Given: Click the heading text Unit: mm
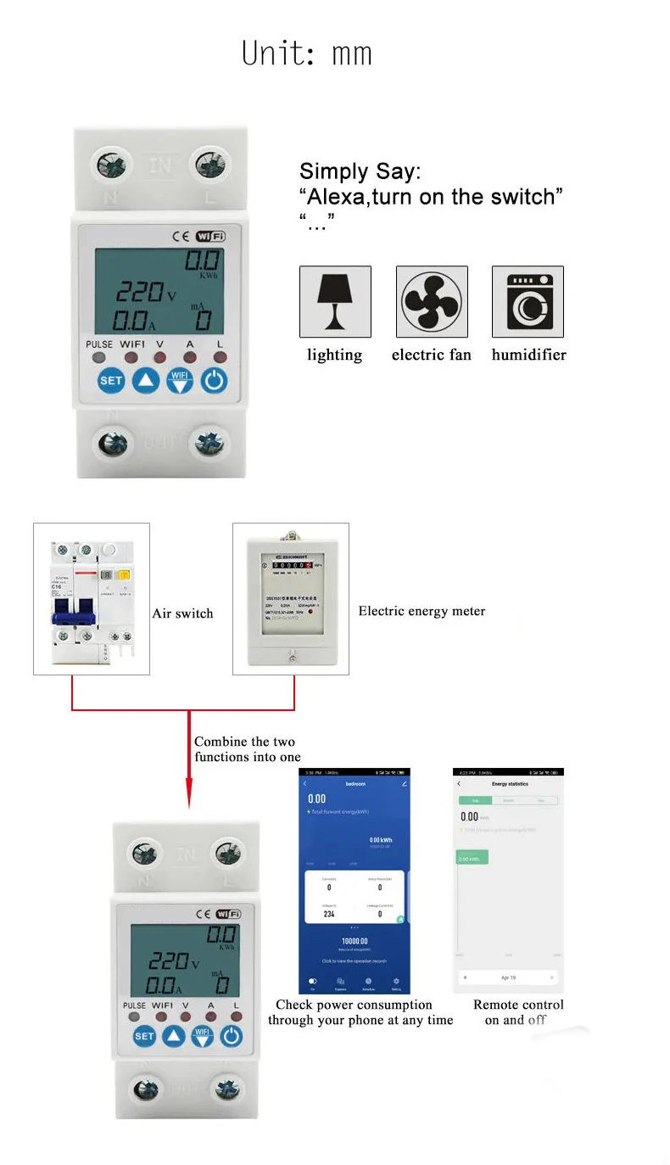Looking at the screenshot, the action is (x=307, y=53).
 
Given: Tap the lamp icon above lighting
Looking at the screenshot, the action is (x=335, y=301).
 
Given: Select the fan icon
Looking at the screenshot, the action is (x=432, y=301).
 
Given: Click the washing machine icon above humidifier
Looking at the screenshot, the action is (x=528, y=301).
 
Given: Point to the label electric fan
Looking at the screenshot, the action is (x=431, y=355).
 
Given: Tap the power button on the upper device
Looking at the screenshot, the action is (x=214, y=380).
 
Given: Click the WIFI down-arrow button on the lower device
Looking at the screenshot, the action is (x=202, y=1036).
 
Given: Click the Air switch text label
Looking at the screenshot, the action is (x=182, y=613).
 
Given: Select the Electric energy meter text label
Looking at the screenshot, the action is (x=422, y=611).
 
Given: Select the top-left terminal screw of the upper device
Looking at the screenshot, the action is (x=111, y=164).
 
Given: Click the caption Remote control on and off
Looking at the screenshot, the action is (x=517, y=1012).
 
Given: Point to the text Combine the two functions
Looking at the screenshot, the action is (x=247, y=749).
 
